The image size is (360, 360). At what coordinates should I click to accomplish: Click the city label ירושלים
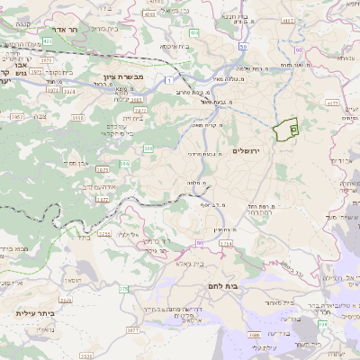[x=245, y=150]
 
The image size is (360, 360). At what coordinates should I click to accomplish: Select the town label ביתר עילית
[x=35, y=313]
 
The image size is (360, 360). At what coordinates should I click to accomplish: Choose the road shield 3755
[x=103, y=233]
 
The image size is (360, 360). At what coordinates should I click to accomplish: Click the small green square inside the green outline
[x=293, y=131]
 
